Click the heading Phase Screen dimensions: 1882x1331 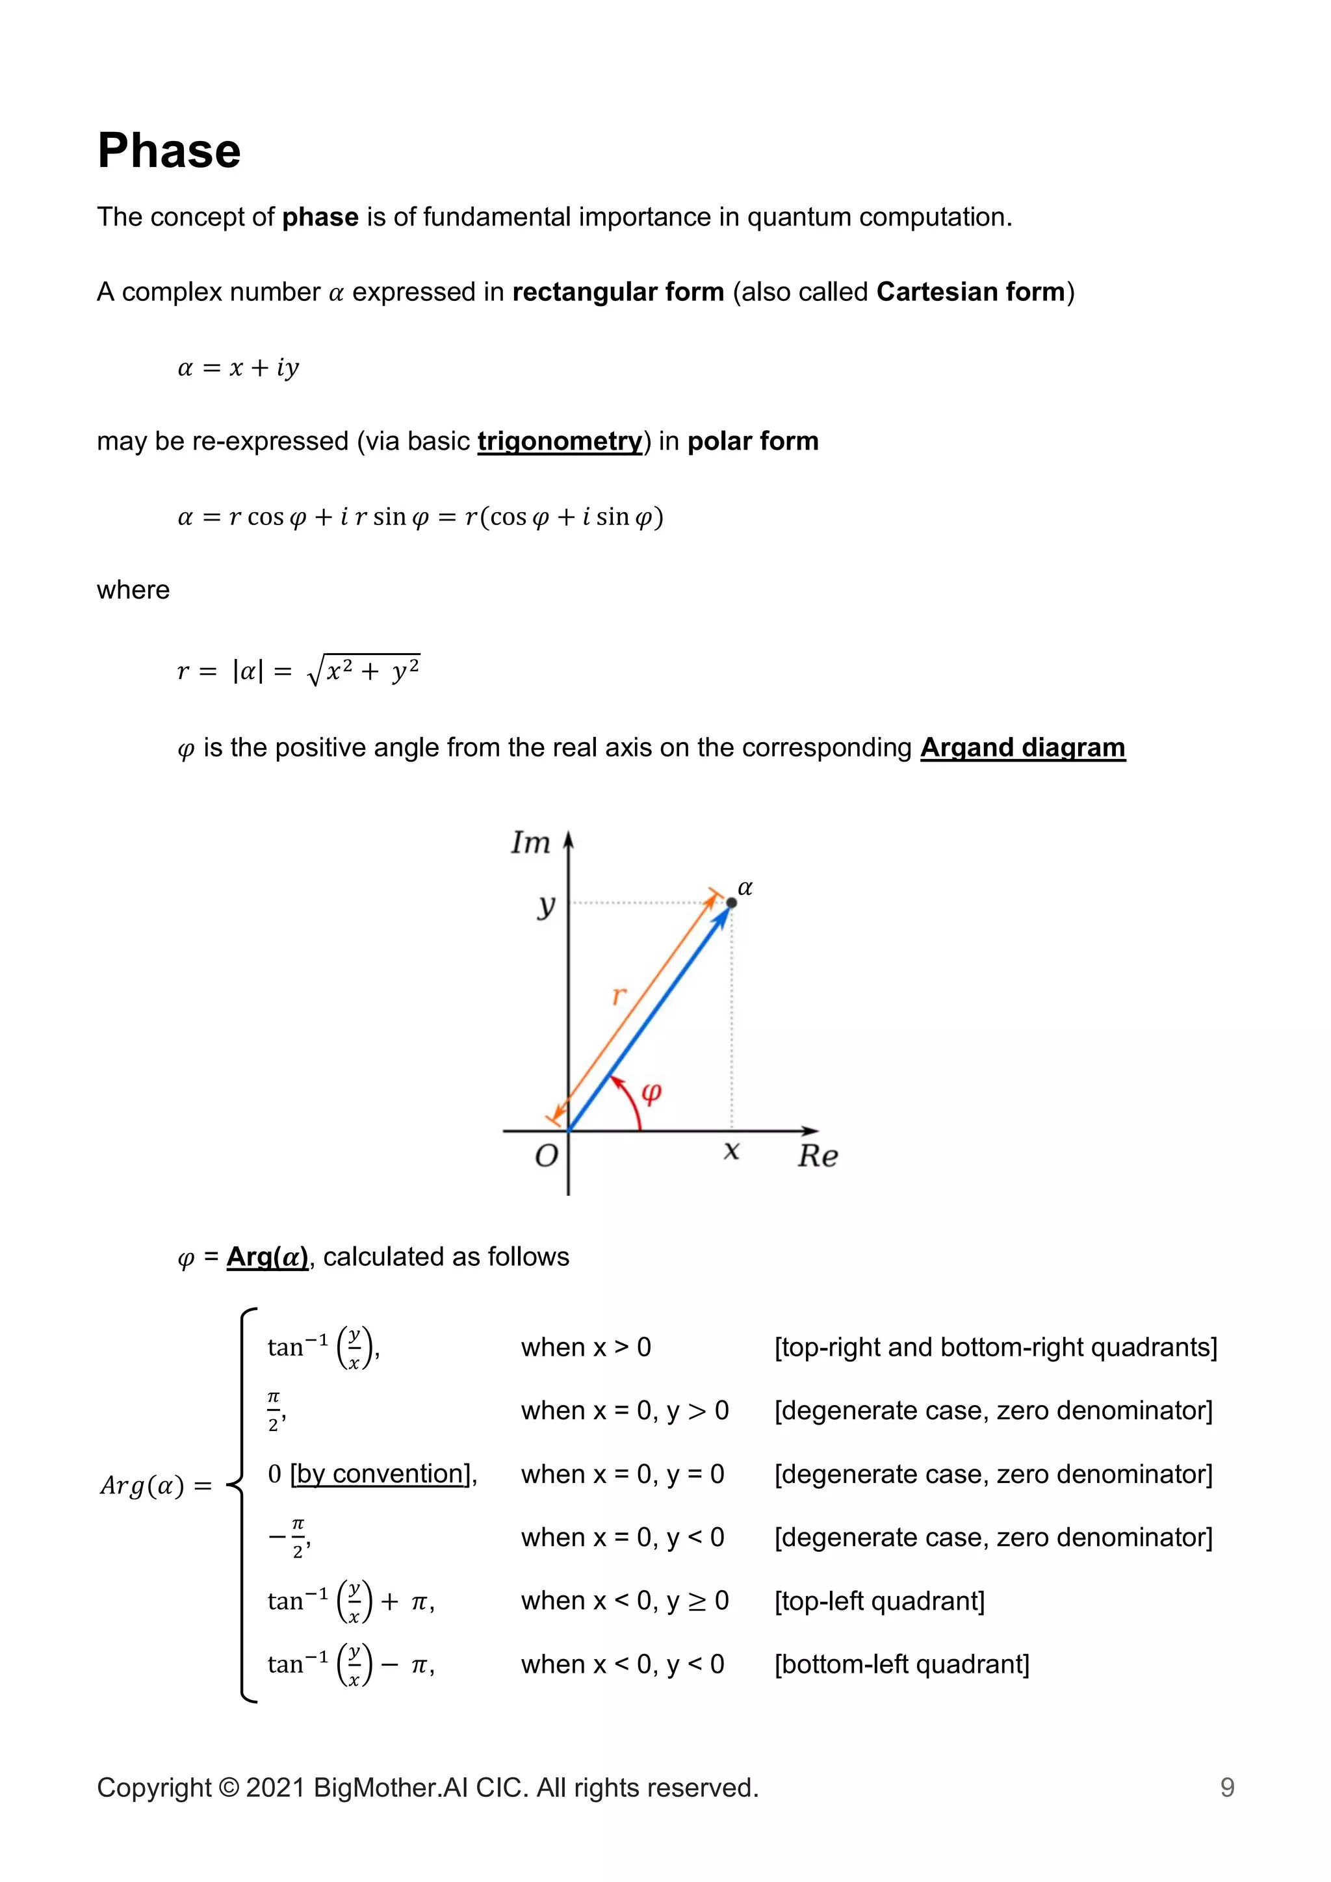click(169, 151)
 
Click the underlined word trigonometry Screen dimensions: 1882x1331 click(560, 441)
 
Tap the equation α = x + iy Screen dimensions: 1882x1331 click(239, 367)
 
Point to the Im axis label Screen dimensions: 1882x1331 click(530, 843)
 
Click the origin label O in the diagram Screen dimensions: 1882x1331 click(546, 1155)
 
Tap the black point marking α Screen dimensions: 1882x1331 click(732, 903)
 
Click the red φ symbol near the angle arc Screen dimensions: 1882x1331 click(651, 1092)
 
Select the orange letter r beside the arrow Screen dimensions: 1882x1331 click(619, 995)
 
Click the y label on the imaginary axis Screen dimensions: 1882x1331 click(547, 906)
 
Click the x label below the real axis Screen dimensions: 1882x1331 click(731, 1151)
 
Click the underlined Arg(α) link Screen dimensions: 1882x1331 click(267, 1257)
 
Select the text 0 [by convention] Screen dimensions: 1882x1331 click(370, 1473)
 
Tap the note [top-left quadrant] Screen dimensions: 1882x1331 click(879, 1600)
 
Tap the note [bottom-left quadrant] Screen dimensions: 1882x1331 click(901, 1663)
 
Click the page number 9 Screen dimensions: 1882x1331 click(1227, 1787)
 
